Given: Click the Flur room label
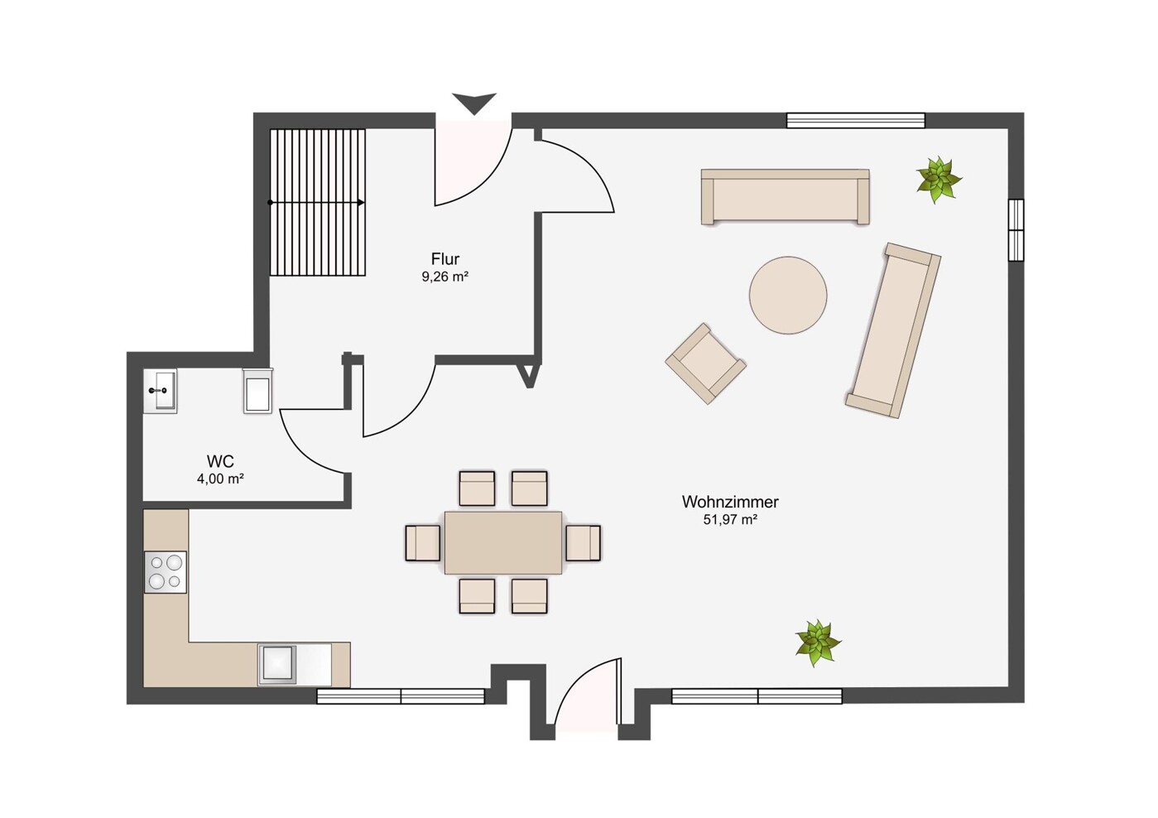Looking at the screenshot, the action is [x=445, y=258].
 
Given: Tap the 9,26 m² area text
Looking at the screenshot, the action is [x=445, y=277].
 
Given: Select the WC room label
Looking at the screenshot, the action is [x=220, y=460].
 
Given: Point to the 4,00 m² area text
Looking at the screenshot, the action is [x=220, y=479].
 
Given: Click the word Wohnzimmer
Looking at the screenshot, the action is [x=730, y=502].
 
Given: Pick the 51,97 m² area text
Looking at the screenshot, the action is [x=730, y=520].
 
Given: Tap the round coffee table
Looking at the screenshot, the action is [x=788, y=296].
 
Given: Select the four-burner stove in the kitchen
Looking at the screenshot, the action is [x=165, y=572].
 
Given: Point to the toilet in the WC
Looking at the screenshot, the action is [x=258, y=391].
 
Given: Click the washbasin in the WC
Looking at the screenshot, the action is [x=160, y=391].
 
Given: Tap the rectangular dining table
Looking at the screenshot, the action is [x=503, y=543].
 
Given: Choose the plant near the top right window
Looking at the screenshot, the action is [x=938, y=180].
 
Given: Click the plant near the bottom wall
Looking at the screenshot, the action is [x=818, y=642].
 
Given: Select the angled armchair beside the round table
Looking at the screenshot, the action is [x=706, y=363].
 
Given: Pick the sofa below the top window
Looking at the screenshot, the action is [x=785, y=196].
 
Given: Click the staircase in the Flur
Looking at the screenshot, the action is [x=317, y=202].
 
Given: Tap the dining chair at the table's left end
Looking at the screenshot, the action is [x=423, y=543].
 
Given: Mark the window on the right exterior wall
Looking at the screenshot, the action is [x=1016, y=230].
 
